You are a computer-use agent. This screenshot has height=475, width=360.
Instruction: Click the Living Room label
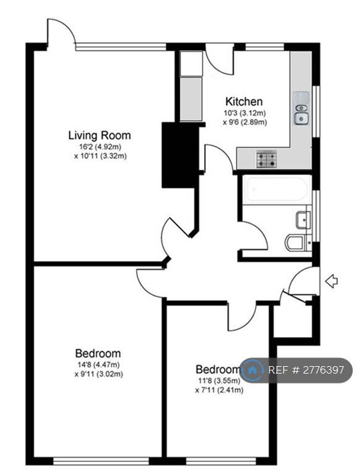[100, 135]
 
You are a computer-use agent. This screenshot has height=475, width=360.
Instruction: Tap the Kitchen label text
[244, 101]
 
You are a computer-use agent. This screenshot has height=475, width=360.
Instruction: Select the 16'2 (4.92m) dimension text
[100, 147]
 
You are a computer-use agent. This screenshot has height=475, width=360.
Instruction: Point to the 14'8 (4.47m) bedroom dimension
[98, 364]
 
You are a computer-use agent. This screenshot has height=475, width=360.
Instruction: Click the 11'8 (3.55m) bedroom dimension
[218, 380]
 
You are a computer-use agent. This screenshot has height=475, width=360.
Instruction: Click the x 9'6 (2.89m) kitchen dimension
[245, 122]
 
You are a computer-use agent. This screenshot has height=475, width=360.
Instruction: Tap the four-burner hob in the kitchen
[267, 160]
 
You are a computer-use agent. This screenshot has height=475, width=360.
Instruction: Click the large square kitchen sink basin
[301, 119]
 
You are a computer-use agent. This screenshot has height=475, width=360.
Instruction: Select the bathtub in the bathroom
[275, 189]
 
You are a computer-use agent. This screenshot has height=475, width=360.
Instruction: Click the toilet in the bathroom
[296, 242]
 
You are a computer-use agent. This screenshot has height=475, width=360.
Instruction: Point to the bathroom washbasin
[303, 220]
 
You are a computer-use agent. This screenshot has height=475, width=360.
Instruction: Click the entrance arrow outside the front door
[332, 281]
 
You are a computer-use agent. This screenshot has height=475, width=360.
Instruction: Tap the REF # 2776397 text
[306, 370]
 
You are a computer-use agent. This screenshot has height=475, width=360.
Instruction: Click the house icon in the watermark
[252, 370]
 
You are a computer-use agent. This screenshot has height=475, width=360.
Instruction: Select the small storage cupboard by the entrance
[293, 321]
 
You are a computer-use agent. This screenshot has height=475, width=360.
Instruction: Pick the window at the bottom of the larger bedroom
[101, 461]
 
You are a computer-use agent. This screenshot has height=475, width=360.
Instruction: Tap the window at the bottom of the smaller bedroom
[221, 461]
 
